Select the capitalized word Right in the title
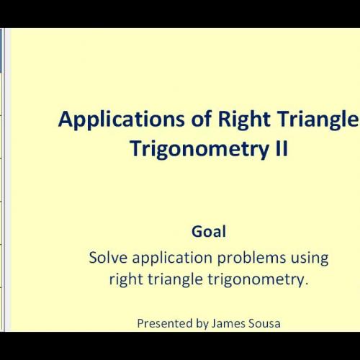tap(221, 120)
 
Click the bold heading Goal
tap(209, 232)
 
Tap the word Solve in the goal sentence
tap(107, 257)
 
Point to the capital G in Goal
tap(197, 232)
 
